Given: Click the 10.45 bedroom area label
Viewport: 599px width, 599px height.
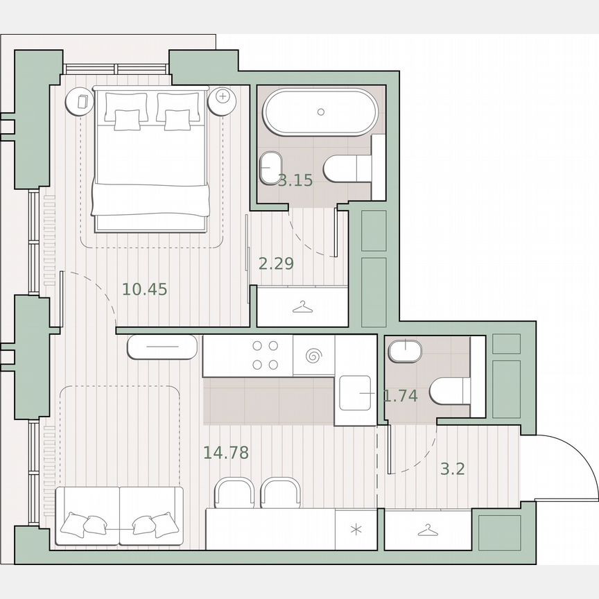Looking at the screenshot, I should pyautogui.click(x=145, y=289).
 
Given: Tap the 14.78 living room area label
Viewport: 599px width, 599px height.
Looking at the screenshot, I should pyautogui.click(x=226, y=453).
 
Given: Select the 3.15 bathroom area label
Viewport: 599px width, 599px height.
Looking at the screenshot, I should pyautogui.click(x=296, y=182).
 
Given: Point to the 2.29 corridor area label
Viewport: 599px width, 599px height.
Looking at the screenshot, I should pyautogui.click(x=276, y=263).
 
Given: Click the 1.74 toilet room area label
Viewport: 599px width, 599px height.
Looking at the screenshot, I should pyautogui.click(x=401, y=396).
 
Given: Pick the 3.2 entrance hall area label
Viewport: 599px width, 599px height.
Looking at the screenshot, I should pyautogui.click(x=452, y=469).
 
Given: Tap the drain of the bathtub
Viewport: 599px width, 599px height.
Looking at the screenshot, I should pyautogui.click(x=320, y=112).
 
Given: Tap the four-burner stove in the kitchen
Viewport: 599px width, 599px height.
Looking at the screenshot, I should pyautogui.click(x=266, y=355).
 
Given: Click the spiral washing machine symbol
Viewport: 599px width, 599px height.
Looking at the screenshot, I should pyautogui.click(x=313, y=356).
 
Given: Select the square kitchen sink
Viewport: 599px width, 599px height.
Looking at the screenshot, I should pyautogui.click(x=356, y=392).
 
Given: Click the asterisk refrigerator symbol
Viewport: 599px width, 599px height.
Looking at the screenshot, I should pyautogui.click(x=356, y=531).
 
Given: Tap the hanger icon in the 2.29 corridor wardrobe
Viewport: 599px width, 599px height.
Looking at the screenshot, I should pyautogui.click(x=302, y=306).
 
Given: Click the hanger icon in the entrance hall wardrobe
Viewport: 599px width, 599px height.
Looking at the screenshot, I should pyautogui.click(x=428, y=530).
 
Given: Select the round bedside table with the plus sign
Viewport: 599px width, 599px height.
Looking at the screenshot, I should pyautogui.click(x=223, y=96).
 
